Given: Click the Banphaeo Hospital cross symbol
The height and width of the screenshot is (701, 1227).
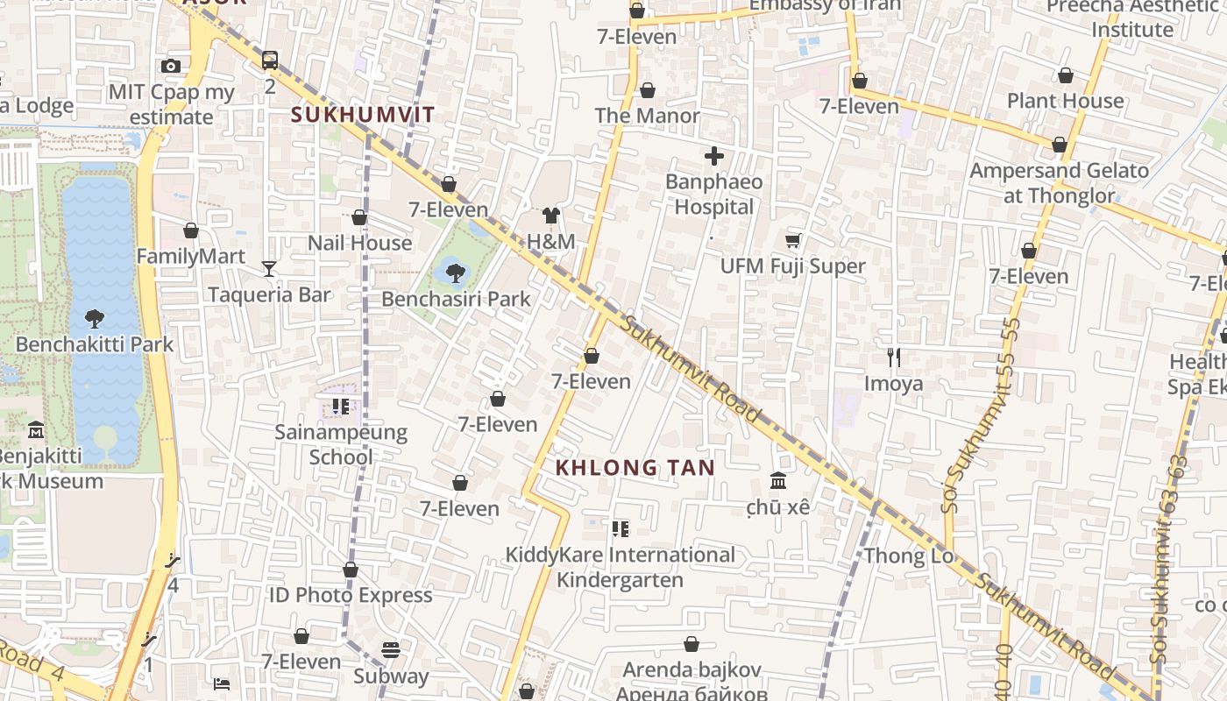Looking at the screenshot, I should point(714,157).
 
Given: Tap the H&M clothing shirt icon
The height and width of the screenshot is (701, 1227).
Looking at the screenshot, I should point(550,216).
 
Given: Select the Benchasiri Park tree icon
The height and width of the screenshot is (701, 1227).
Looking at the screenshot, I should point(455,273).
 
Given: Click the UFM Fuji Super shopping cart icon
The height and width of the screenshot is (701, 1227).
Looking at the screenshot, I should point(793,240).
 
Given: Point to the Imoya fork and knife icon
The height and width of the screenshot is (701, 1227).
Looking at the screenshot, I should point(893,358).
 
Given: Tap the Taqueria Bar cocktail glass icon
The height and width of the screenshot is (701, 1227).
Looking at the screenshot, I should point(269,269).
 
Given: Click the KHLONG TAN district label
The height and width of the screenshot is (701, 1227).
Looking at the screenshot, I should point(635,468).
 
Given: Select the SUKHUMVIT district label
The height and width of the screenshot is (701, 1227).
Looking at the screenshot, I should point(363,114).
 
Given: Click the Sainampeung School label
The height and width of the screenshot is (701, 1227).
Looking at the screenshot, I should point(341,444).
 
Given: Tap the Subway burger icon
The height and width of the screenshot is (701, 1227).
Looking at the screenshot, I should point(391,650).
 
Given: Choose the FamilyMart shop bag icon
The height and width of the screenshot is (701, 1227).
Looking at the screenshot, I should point(191,231).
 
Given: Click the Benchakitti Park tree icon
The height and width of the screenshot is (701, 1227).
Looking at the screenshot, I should point(95,319).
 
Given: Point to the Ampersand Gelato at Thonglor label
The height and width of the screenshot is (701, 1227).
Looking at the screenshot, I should point(1059,183).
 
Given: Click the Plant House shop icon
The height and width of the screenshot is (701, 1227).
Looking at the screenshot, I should point(1066,76).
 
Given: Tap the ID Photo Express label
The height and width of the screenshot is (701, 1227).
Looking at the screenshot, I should point(351,595).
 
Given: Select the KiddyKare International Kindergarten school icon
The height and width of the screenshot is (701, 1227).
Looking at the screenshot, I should point(621,528).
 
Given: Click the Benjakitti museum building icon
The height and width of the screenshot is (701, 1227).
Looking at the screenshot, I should point(36,430).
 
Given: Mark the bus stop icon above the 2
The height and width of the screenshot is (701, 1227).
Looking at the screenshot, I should point(270,60).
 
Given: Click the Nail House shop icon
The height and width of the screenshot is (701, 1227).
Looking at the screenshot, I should point(359,217).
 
